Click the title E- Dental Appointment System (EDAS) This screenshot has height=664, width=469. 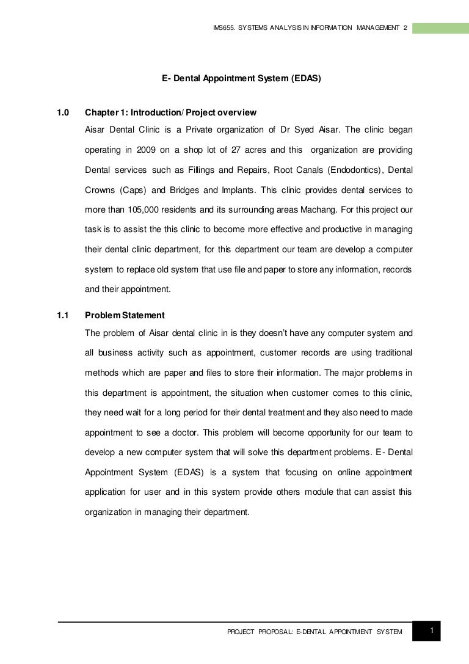coord(241,79)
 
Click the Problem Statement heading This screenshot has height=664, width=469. coord(125,316)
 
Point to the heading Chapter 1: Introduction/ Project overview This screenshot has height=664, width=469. coord(170,113)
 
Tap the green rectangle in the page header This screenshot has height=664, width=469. coord(440,28)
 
